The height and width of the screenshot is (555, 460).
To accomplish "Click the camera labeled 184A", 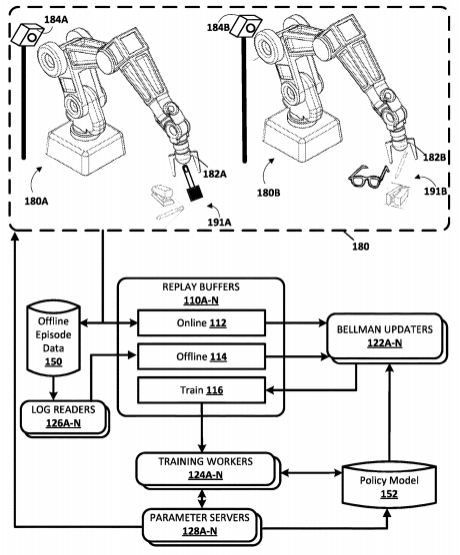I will pos(29,36).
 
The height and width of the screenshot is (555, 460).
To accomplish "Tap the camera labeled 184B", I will pos(242,30).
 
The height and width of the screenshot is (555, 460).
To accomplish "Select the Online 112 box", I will pos(199,322).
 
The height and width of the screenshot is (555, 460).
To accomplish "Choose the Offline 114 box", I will pos(199,356).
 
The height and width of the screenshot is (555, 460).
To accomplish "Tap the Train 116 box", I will pos(199,390).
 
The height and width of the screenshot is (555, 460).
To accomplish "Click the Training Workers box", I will pos(204,466).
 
